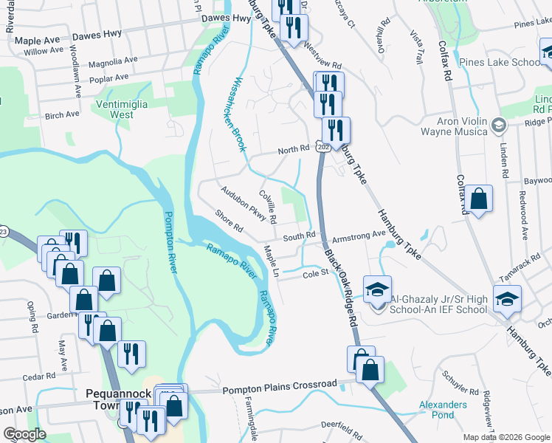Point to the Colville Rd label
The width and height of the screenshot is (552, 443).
[267, 206]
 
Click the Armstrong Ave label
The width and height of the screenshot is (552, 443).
[359, 234]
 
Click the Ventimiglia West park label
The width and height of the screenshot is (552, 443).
[123, 109]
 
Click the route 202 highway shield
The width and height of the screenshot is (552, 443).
[322, 147]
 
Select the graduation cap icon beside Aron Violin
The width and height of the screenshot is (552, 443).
[500, 125]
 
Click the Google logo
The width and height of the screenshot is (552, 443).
[25, 434]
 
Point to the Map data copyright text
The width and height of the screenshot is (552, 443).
[506, 437]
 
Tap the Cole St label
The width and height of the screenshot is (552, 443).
[315, 275]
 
